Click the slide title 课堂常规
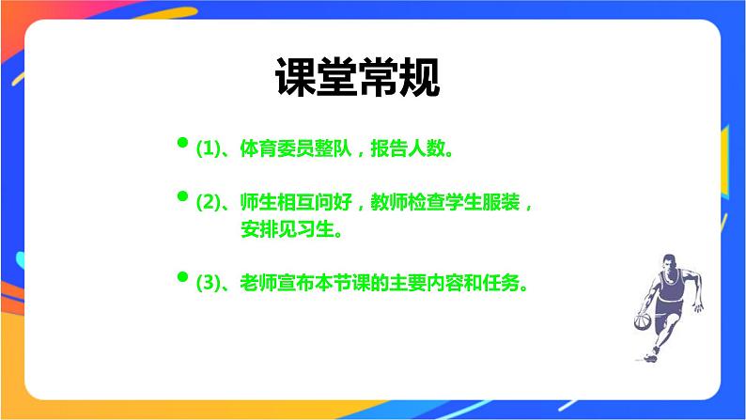pyautogui.click(x=357, y=79)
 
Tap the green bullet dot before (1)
pyautogui.click(x=182, y=143)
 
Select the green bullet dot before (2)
pyautogui.click(x=182, y=196)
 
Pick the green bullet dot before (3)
pyautogui.click(x=182, y=276)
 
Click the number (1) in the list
pyautogui.click(x=207, y=148)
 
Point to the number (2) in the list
pyautogui.click(x=207, y=202)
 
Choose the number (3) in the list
pyautogui.click(x=207, y=282)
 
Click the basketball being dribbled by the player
pyautogui.click(x=642, y=322)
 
